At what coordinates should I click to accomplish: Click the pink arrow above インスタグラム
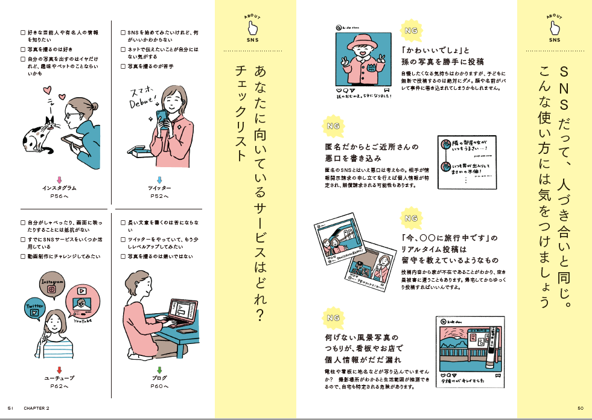click(59, 179)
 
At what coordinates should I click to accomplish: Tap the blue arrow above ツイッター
click(159, 179)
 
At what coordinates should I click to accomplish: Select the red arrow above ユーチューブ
click(59, 369)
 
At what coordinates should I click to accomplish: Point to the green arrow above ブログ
click(159, 369)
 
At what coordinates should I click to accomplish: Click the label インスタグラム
click(59, 188)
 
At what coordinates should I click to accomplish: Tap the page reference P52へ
click(159, 196)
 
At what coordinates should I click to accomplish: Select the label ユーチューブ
click(59, 378)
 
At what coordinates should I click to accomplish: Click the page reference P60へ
click(159, 386)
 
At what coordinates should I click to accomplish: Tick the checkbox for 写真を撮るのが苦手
click(124, 66)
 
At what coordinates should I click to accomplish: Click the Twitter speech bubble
click(34, 308)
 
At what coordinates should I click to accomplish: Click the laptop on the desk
click(180, 313)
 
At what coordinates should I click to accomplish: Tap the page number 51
click(11, 407)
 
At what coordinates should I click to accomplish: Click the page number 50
click(581, 407)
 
